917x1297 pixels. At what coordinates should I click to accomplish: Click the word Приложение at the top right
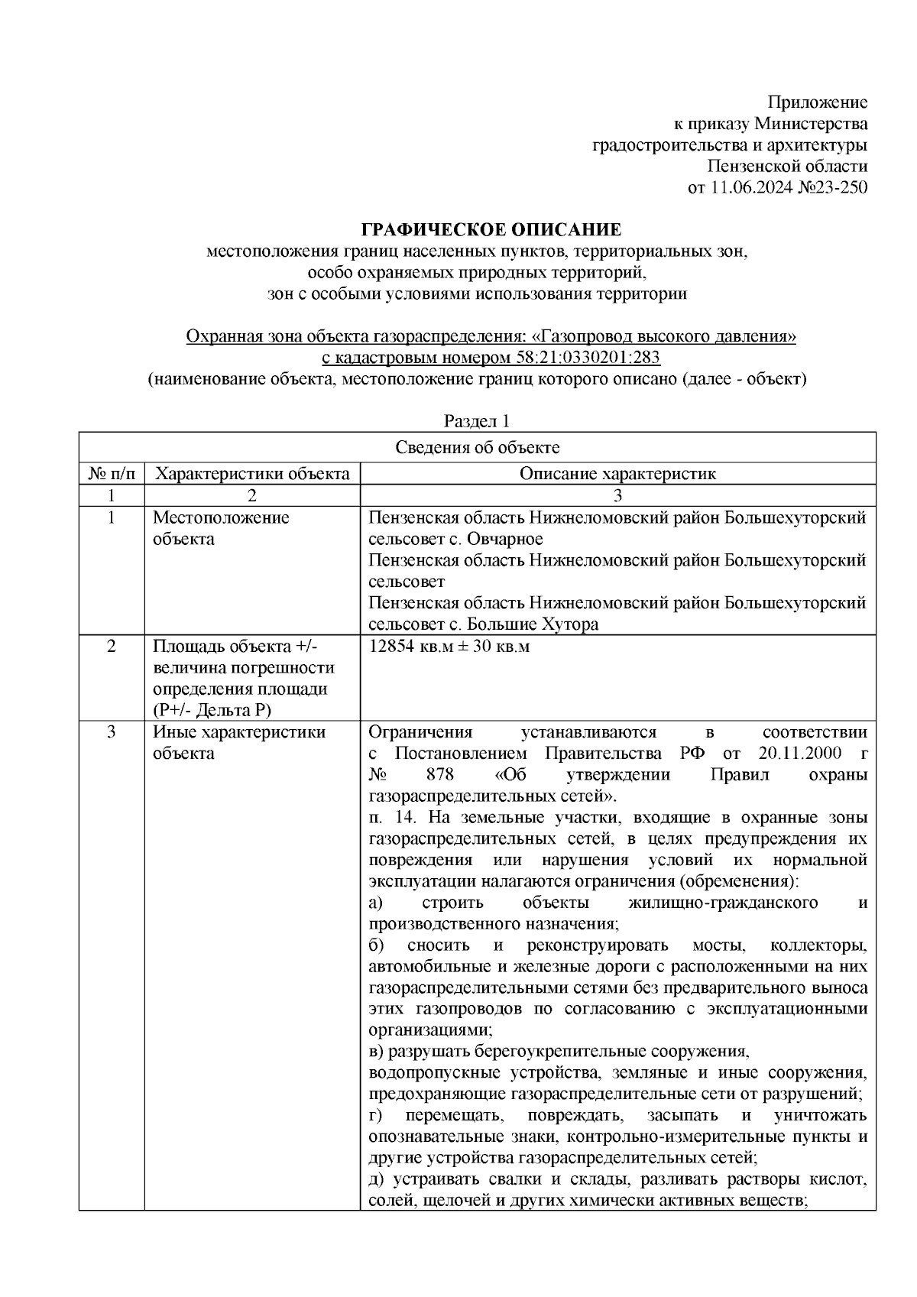click(x=817, y=102)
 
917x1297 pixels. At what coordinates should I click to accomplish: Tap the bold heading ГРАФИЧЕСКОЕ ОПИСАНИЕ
click(x=491, y=230)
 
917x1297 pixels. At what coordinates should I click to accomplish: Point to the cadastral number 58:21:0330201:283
click(x=583, y=358)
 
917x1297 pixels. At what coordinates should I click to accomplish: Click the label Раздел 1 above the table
click(x=477, y=421)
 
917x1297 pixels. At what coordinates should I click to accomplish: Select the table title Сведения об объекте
click(x=477, y=448)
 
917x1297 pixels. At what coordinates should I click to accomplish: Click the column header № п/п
click(x=112, y=474)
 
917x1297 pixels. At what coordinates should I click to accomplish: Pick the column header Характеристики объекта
click(x=252, y=474)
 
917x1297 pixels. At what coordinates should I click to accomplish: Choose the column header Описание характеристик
click(x=617, y=474)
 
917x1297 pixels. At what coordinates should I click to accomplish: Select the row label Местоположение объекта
click(x=221, y=528)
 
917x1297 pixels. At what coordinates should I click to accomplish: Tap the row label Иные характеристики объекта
click(x=239, y=742)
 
